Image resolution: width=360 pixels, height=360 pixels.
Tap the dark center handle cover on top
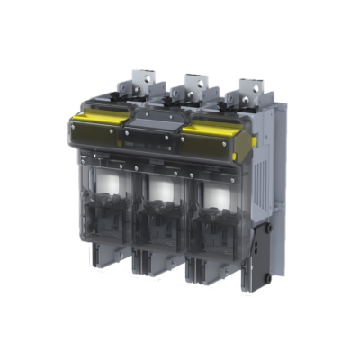(x=153, y=126)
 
